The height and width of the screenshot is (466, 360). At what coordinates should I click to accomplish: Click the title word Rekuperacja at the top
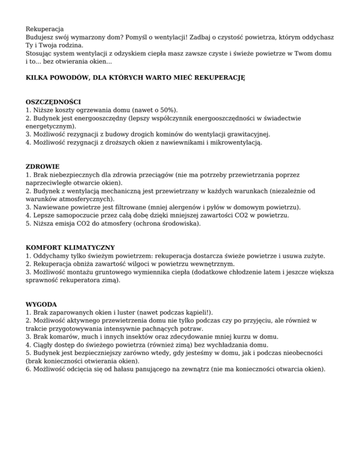coord(45,29)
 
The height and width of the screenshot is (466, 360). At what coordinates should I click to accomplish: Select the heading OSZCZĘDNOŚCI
coord(53,101)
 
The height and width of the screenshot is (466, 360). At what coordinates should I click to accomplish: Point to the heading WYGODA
coord(41,304)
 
